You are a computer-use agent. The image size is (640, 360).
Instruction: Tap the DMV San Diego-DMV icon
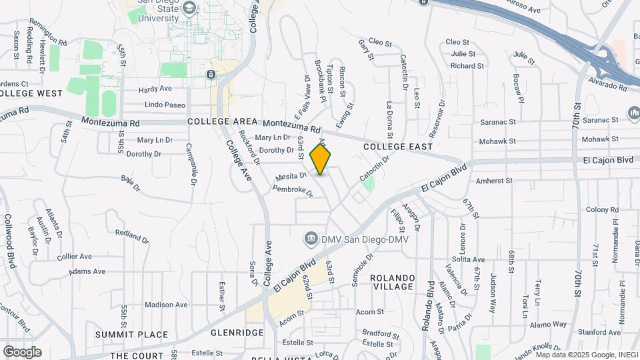(311, 238)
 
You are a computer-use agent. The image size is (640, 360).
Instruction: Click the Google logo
(22, 351)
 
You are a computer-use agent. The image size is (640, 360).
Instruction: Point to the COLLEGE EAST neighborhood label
(398, 146)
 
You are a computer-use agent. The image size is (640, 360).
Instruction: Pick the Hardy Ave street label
(155, 89)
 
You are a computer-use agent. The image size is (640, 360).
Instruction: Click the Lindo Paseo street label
(165, 105)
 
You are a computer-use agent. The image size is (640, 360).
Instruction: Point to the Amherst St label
(494, 181)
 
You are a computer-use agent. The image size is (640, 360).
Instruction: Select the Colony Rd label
(603, 209)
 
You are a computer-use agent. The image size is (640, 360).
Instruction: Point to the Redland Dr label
(132, 235)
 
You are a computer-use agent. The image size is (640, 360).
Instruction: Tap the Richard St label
(467, 65)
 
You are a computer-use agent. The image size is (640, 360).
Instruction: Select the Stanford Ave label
(600, 332)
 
